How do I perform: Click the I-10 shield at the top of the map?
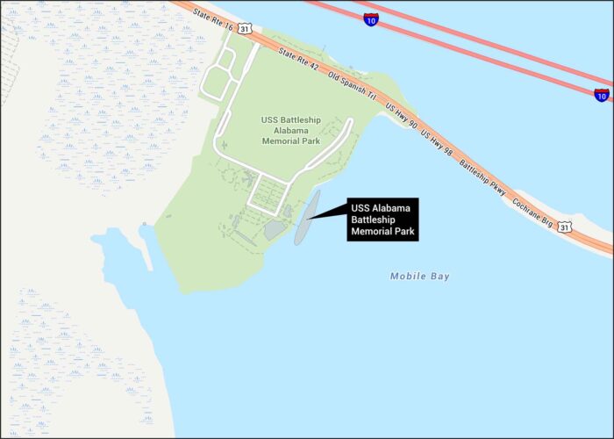(x=372, y=18)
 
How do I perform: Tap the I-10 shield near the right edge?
(x=601, y=94)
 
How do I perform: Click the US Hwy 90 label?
(x=402, y=119)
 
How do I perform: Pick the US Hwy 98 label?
(x=438, y=143)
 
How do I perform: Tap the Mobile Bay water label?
(x=420, y=277)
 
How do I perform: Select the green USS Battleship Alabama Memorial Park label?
(x=289, y=130)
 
